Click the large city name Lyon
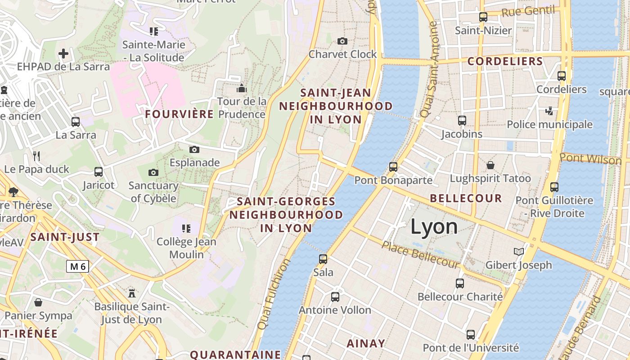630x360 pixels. point(434,227)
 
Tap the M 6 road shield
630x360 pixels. point(78,266)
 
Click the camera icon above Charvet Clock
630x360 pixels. point(342,41)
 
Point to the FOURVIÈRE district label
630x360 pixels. point(179,114)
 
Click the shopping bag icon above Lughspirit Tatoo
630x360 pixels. point(490,165)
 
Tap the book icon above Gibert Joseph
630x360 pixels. point(519,252)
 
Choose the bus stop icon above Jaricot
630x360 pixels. point(99,172)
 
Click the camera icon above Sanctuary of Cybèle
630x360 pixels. point(153,172)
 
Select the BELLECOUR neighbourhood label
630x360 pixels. point(466,198)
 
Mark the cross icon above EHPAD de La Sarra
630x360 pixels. point(63,54)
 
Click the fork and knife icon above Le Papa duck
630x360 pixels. point(36,156)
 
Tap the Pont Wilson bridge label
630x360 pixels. point(591,159)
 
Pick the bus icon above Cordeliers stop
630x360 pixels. point(562,76)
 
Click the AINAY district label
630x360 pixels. point(366,343)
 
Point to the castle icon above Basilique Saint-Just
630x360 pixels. point(132,293)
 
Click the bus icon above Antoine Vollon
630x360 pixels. point(335,297)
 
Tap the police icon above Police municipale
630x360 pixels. point(549,111)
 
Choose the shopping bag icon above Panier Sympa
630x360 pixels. point(38,302)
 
